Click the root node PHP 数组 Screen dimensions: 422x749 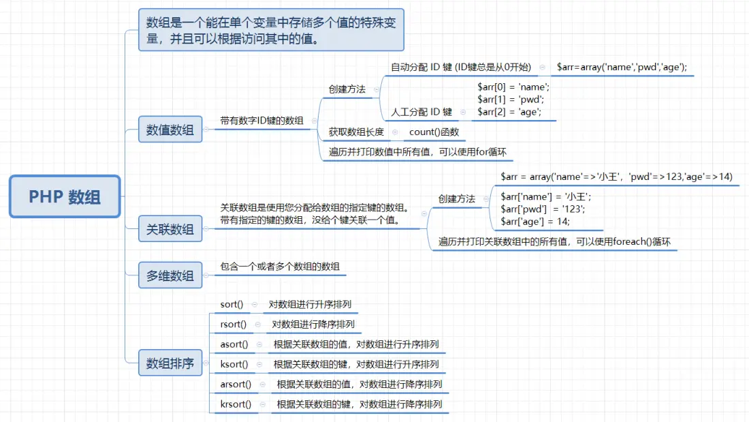(65, 196)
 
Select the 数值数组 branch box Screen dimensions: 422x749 (170, 130)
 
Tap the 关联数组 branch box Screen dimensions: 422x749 (170, 230)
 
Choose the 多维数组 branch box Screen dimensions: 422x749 (170, 276)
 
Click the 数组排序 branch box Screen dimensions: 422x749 (170, 363)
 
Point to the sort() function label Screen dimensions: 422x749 (232, 305)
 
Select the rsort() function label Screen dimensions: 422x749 (234, 325)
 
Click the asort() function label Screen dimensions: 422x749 (234, 344)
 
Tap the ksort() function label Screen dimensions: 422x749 (234, 364)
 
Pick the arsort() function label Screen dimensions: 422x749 (236, 385)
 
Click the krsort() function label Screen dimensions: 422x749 (236, 404)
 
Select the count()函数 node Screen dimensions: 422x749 (434, 132)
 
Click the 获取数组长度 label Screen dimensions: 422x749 (356, 132)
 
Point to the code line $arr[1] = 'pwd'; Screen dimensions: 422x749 (511, 100)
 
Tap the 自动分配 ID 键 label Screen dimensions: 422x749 (460, 67)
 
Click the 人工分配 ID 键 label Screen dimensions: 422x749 (421, 112)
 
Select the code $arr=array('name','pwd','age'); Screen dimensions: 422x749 (622, 67)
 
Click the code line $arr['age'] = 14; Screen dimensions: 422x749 (535, 221)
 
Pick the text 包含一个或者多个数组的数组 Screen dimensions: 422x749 (280, 267)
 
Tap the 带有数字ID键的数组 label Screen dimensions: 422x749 (261, 121)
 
